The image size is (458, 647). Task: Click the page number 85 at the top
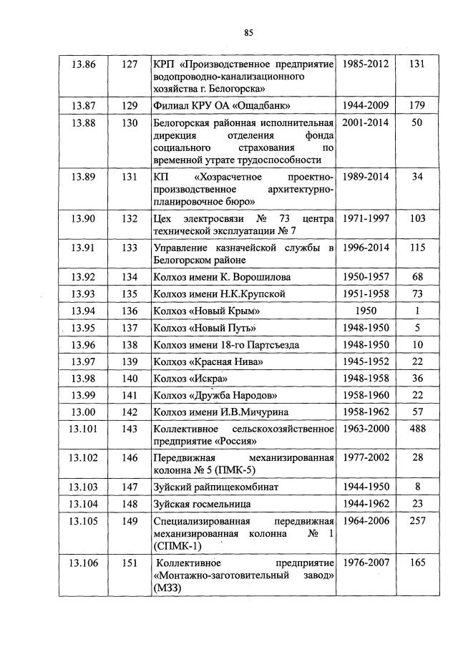point(248,31)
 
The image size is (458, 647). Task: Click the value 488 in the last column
point(417,428)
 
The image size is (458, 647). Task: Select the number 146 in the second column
point(130,457)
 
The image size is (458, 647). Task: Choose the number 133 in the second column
point(130,248)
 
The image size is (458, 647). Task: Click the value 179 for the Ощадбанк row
point(417,105)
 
